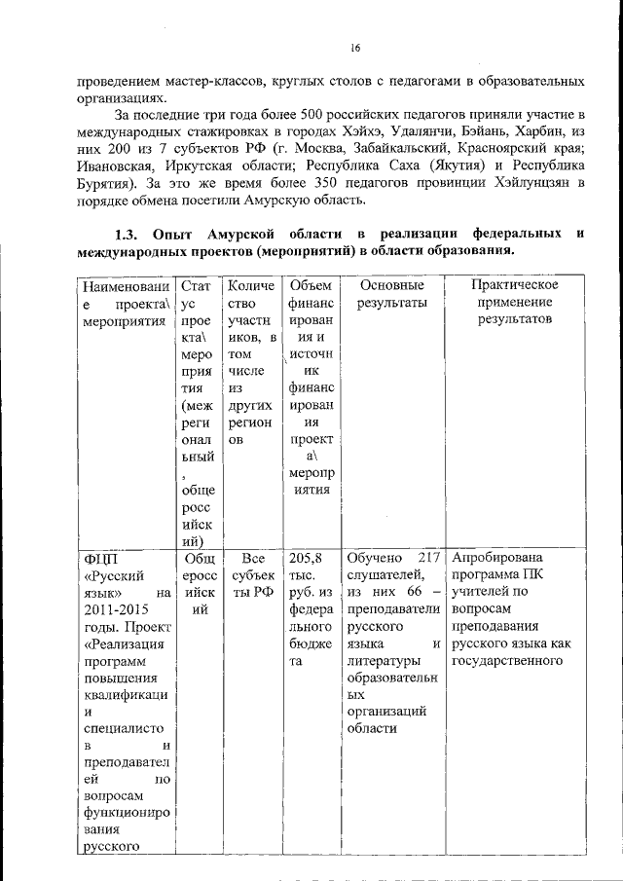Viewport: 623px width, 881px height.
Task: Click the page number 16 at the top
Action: (355, 48)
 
